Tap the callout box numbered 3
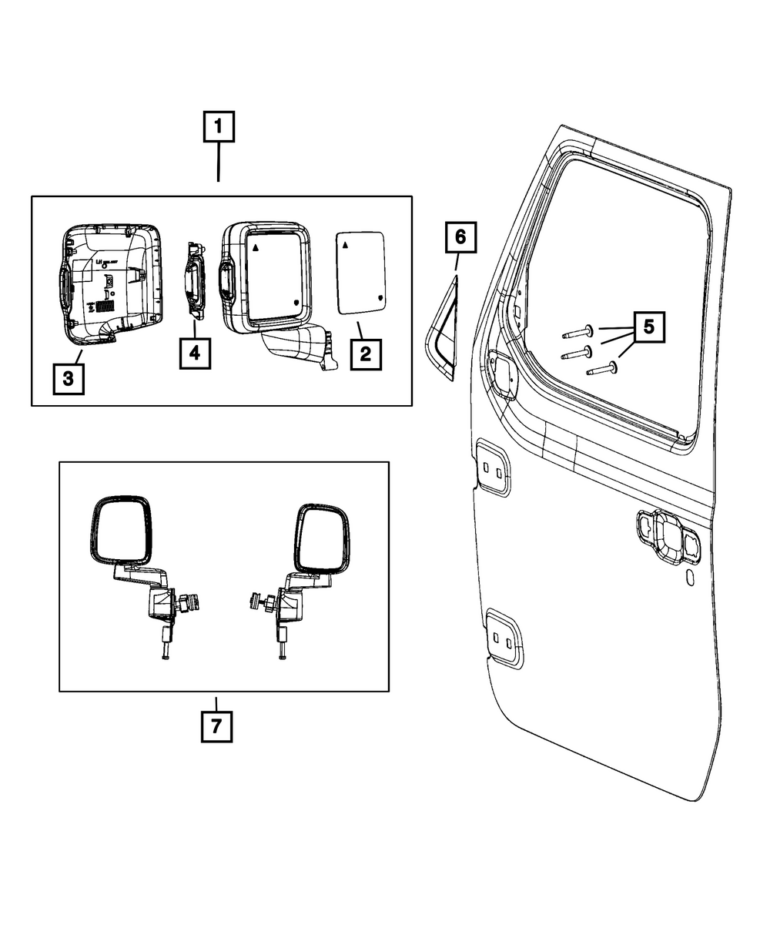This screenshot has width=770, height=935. pos(68,378)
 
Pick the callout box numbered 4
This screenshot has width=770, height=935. pos(195,354)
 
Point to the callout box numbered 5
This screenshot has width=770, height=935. pos(648,327)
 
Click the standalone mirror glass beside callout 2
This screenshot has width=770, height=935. pos(362,273)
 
